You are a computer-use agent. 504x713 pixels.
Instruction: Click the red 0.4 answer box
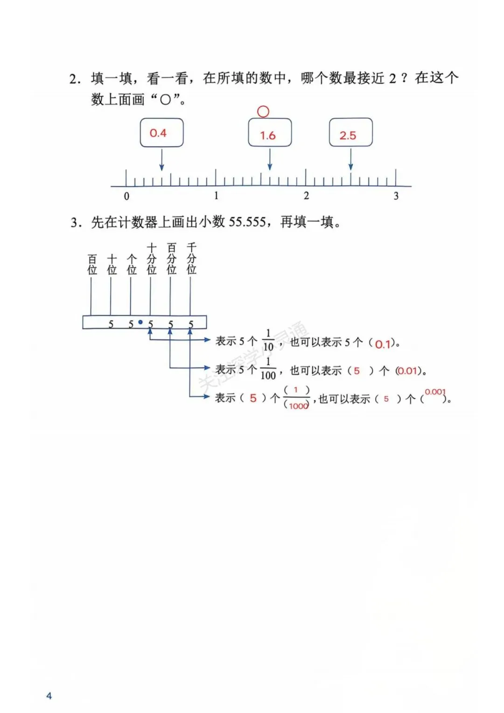pyautogui.click(x=161, y=133)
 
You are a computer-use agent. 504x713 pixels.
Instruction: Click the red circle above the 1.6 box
pyautogui.click(x=263, y=112)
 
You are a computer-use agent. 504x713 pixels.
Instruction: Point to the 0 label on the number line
pyautogui.click(x=126, y=196)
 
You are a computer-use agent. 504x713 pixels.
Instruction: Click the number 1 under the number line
pyautogui.click(x=216, y=196)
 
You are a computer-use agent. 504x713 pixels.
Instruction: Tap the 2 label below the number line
pyautogui.click(x=306, y=196)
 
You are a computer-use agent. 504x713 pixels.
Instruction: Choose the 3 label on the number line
pyautogui.click(x=396, y=196)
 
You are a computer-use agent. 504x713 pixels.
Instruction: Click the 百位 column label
pyautogui.click(x=92, y=264)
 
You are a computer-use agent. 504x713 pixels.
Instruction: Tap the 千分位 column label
pyautogui.click(x=191, y=258)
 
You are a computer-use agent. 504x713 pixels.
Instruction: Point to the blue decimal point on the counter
pyautogui.click(x=140, y=322)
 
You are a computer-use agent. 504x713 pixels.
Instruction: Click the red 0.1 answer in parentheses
pyautogui.click(x=383, y=344)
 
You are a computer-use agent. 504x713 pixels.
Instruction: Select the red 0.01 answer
pyautogui.click(x=407, y=371)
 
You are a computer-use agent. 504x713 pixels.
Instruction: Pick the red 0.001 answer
pyautogui.click(x=435, y=392)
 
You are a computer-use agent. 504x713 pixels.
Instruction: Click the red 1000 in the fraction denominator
pyautogui.click(x=298, y=406)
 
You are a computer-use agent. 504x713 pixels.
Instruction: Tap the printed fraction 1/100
pyautogui.click(x=268, y=369)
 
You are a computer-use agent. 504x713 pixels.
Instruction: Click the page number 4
pyautogui.click(x=49, y=696)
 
